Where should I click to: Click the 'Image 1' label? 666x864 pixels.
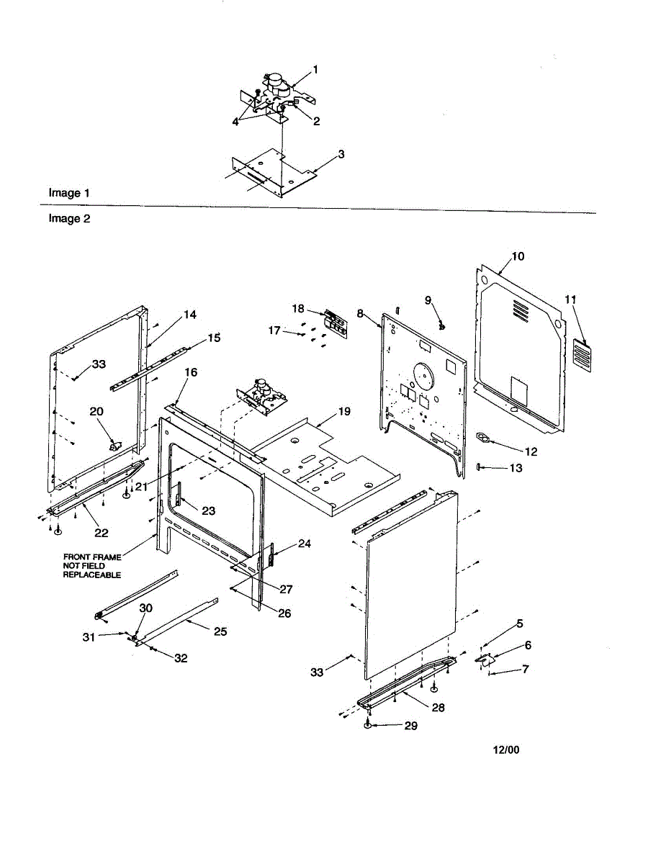click(69, 193)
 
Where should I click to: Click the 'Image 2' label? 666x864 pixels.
click(69, 219)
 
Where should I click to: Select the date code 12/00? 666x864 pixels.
click(505, 750)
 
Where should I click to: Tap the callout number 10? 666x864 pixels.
click(518, 256)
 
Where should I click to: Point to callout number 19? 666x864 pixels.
click(344, 412)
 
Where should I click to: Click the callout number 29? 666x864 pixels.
click(410, 726)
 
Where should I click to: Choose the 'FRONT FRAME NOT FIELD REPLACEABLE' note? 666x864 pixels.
click(91, 566)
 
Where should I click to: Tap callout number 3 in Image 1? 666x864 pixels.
click(341, 154)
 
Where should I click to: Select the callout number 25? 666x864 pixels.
click(220, 631)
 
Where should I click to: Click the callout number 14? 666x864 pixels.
click(189, 315)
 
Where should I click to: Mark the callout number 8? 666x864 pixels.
click(360, 314)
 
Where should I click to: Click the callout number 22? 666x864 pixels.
click(102, 533)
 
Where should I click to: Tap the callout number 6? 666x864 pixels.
click(528, 646)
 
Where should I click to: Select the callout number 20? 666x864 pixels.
click(96, 411)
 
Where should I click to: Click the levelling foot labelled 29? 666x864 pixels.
click(368, 726)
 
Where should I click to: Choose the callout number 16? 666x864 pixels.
click(191, 372)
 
